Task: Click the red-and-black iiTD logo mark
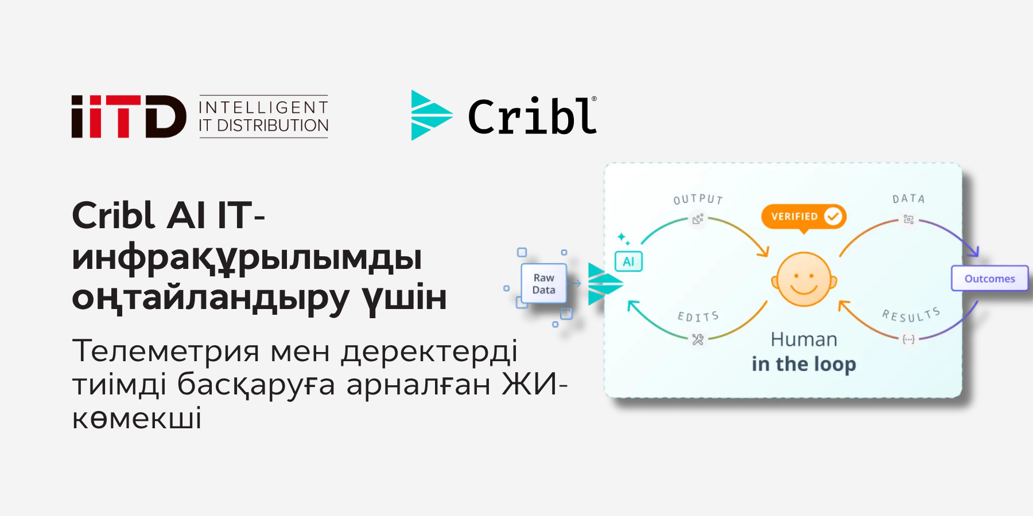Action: pos(129,116)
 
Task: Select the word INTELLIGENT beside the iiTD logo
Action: pos(263,107)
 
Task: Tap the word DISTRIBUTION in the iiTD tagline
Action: pos(273,126)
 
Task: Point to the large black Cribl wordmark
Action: pos(533,117)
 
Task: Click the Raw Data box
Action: pos(543,284)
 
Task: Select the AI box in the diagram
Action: pos(628,262)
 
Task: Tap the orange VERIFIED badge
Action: pos(803,217)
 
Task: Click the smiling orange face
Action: pos(804,279)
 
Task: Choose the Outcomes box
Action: pos(989,279)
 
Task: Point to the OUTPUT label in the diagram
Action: pos(698,199)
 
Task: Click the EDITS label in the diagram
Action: pos(698,316)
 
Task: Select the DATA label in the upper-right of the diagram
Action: pos(908,199)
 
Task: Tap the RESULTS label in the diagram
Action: pos(911,315)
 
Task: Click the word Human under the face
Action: pos(803,339)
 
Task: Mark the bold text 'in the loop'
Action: pos(803,364)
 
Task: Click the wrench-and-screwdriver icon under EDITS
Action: pos(698,339)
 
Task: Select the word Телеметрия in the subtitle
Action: pos(166,351)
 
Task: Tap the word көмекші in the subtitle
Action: pos(137,418)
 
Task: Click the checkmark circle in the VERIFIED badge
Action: pos(833,216)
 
